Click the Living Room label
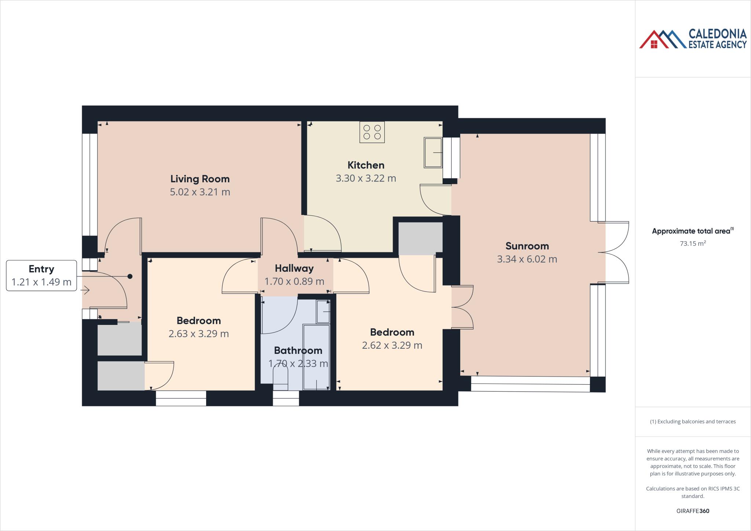point(200,179)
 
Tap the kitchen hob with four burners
point(372,132)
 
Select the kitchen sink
point(433,153)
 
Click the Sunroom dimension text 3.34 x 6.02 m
point(527,259)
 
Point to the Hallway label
point(294,268)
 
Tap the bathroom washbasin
point(323,312)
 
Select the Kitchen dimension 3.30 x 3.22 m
point(366,179)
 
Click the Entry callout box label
point(41,269)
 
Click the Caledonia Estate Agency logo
point(693,39)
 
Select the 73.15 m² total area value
point(693,243)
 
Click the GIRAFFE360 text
point(693,511)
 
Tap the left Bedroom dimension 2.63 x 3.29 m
point(198,334)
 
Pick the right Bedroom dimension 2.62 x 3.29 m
point(392,345)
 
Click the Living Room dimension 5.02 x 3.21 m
point(200,192)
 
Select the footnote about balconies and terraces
point(693,422)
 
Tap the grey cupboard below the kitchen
point(421,238)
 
